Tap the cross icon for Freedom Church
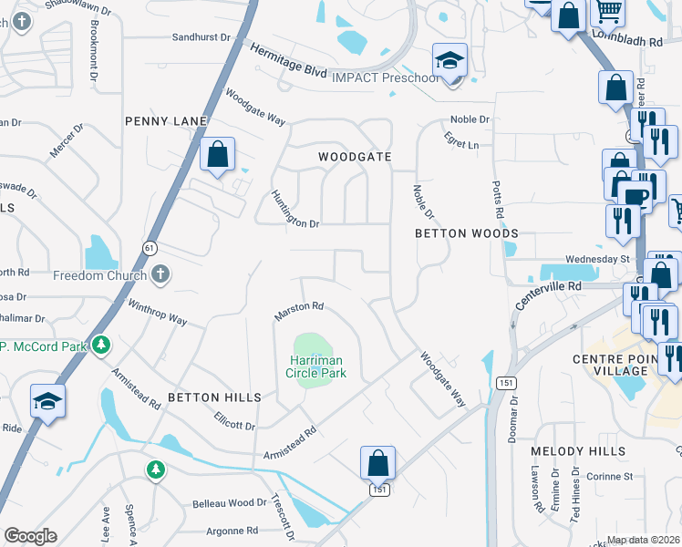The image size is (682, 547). (x=160, y=274)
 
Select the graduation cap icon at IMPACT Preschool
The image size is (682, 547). (x=449, y=61)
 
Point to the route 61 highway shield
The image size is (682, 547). (x=149, y=247)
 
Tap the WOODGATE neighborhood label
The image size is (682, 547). (x=355, y=157)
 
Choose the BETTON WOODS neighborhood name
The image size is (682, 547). (x=466, y=233)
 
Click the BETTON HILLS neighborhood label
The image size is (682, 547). (x=214, y=397)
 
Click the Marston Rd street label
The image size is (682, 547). (x=300, y=311)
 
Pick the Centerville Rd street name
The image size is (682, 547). (x=547, y=298)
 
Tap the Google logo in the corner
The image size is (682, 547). (x=30, y=536)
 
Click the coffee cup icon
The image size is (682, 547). (x=635, y=197)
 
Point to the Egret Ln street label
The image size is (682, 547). (x=462, y=144)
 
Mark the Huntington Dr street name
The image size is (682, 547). (x=294, y=210)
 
